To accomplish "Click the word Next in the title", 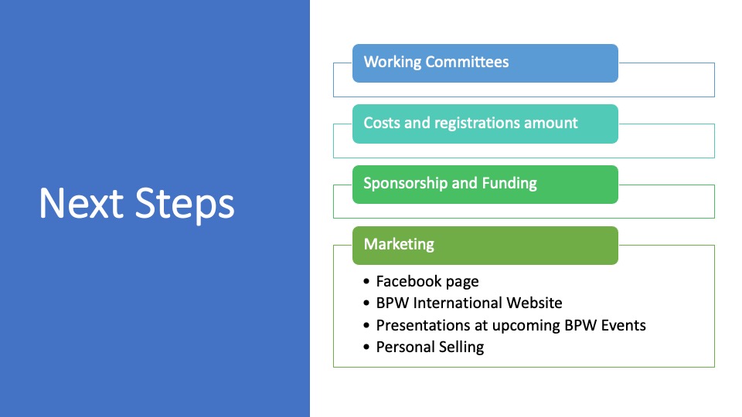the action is [x=81, y=203].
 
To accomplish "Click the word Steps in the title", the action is [x=185, y=205].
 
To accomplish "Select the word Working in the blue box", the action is [x=393, y=62].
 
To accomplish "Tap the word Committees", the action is [x=467, y=62].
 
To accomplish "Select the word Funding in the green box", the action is [x=509, y=184].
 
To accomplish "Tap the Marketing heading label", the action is [x=399, y=244].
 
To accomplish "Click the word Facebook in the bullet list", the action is [x=409, y=281].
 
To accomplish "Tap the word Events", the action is [x=623, y=325].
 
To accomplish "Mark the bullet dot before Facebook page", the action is [x=366, y=281].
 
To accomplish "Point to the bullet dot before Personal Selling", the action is [x=366, y=347].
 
